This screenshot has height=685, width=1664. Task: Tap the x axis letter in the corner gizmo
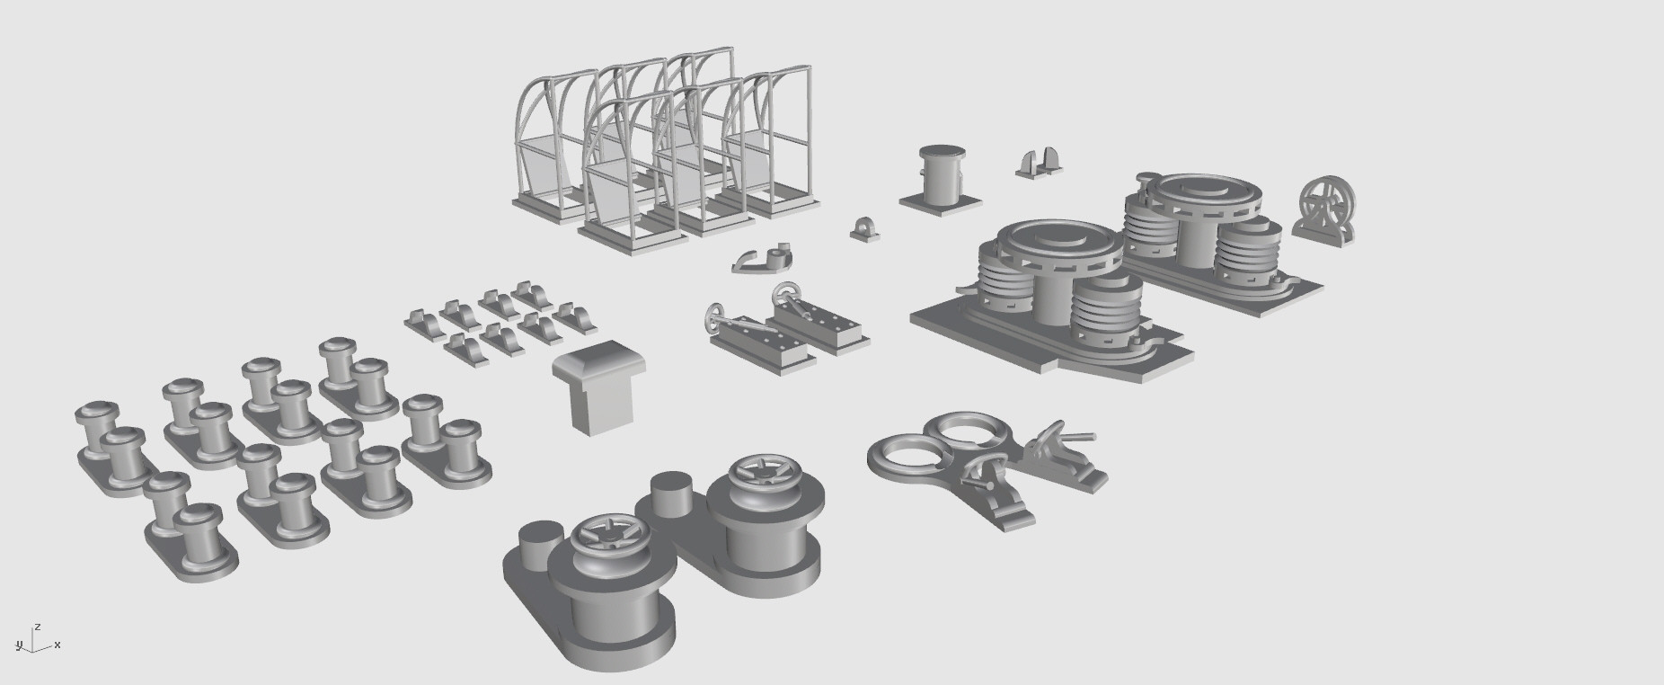click(x=58, y=645)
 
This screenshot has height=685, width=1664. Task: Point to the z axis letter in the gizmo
click(x=37, y=626)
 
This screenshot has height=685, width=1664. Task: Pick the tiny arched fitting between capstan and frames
click(x=864, y=228)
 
